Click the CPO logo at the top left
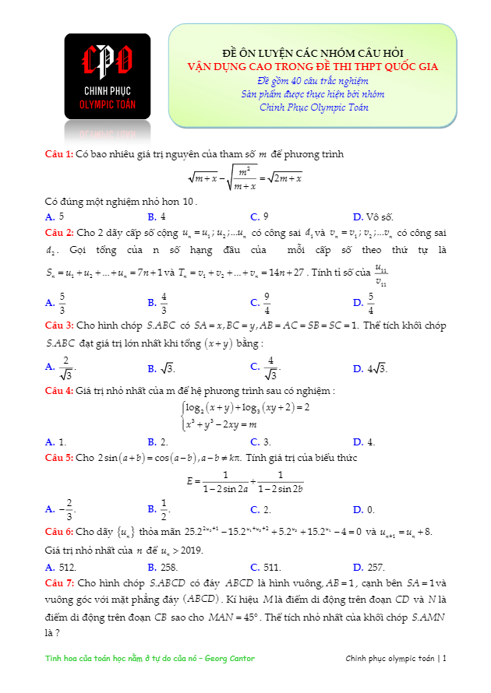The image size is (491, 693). (108, 76)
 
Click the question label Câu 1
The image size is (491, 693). (58, 154)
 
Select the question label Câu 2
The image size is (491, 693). (58, 232)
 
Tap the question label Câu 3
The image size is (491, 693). (58, 325)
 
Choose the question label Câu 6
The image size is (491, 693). (58, 531)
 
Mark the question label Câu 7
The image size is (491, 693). (58, 582)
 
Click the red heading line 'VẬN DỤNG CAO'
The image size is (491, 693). (313, 67)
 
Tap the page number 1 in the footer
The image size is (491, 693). (444, 659)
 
